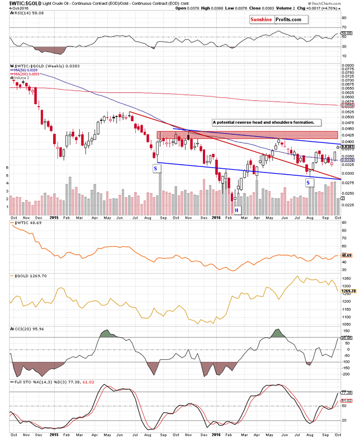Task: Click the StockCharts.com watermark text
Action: [x=334, y=3]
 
